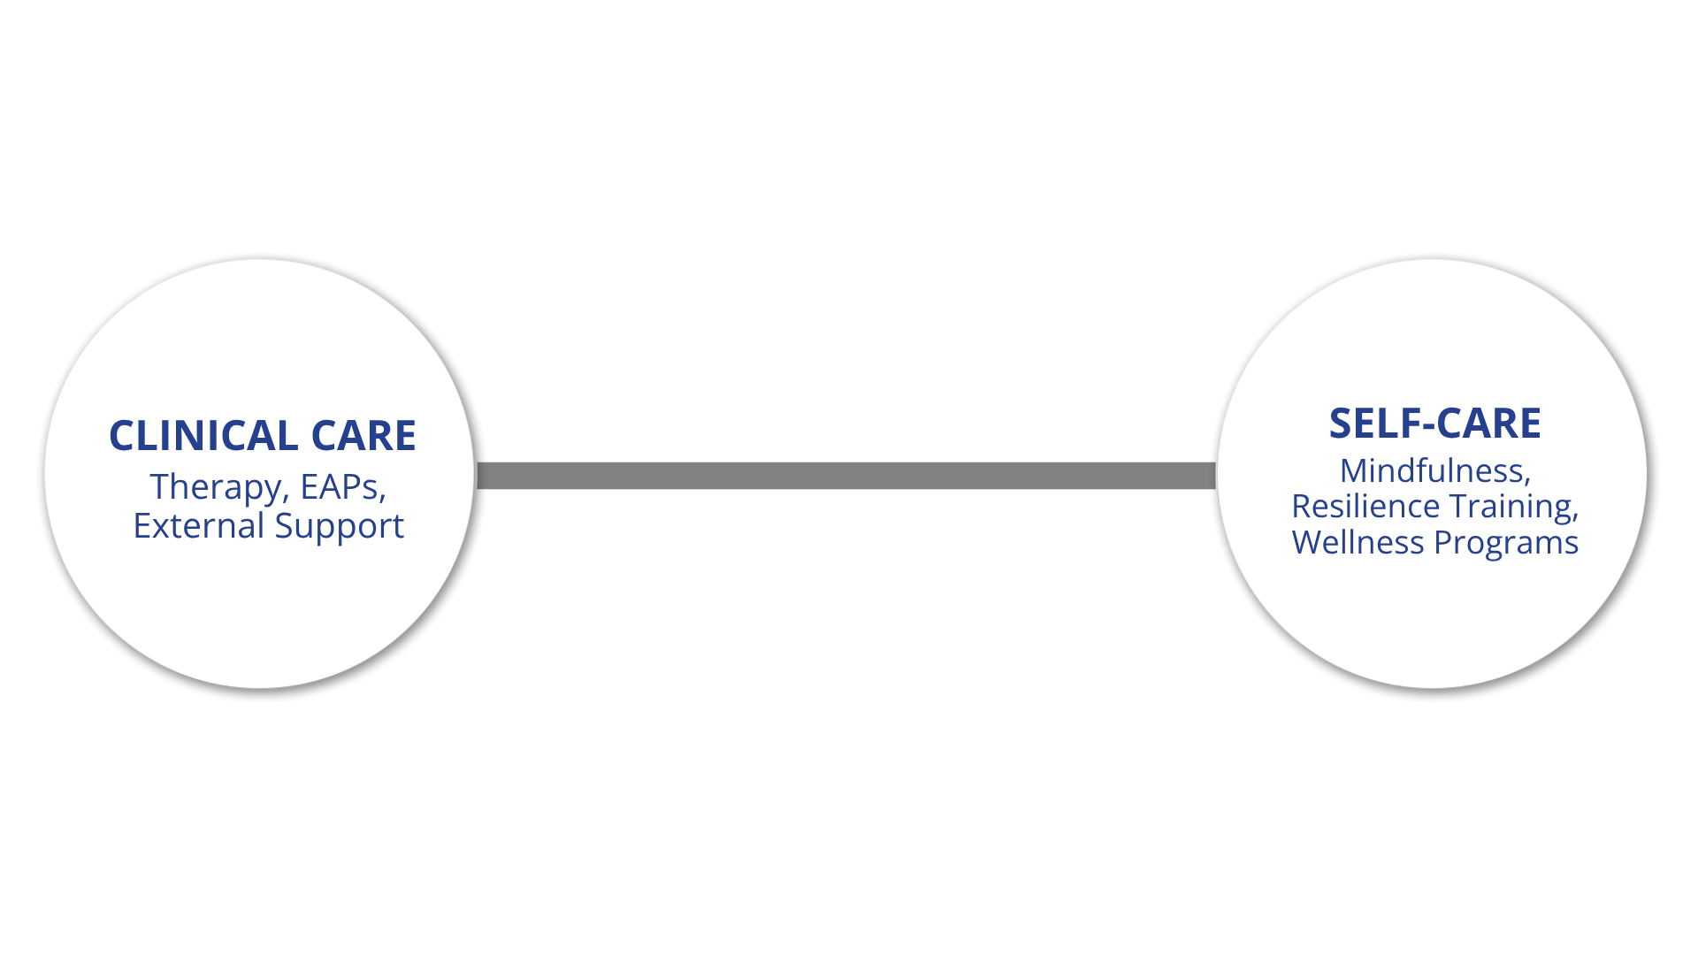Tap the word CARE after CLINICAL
363,436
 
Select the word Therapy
215,487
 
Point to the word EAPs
340,486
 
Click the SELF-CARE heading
1434,424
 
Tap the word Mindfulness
1432,470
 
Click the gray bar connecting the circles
845,475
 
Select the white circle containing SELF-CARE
1433,619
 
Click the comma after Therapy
286,497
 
